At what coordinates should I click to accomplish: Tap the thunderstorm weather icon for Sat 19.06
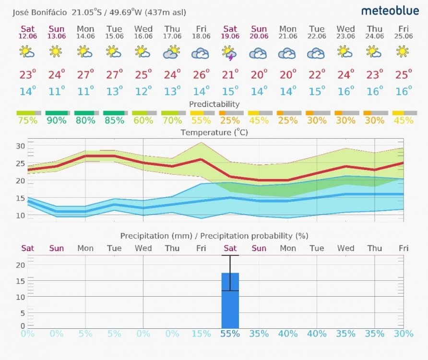(230, 52)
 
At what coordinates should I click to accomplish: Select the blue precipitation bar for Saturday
(230, 300)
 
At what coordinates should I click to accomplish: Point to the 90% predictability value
(57, 120)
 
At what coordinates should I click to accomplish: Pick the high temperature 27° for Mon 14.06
(85, 74)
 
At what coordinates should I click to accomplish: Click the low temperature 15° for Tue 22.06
(317, 91)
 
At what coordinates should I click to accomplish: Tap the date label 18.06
(201, 36)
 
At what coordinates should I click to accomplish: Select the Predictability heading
(214, 104)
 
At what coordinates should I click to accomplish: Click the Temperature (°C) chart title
(214, 132)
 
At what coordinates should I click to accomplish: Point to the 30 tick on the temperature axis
(21, 146)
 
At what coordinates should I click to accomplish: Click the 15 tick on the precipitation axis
(21, 281)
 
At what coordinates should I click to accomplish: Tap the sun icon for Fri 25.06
(403, 51)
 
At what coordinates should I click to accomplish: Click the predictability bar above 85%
(114, 113)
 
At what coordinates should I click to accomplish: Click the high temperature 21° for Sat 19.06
(230, 74)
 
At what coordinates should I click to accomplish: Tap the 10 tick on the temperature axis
(21, 215)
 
